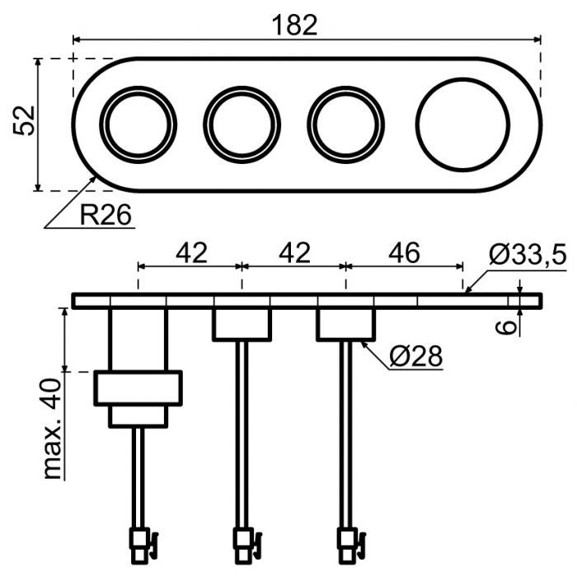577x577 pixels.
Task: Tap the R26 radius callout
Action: tap(106, 216)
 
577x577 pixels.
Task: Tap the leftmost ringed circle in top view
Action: tap(138, 124)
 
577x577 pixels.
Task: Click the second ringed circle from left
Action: tap(242, 124)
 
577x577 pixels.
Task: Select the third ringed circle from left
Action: tap(345, 124)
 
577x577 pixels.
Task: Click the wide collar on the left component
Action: tap(138, 388)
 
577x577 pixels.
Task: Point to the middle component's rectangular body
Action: tap(242, 324)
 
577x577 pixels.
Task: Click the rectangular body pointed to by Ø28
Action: tap(345, 324)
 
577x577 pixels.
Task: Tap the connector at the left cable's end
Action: tap(139, 543)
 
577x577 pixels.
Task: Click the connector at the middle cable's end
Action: tap(243, 543)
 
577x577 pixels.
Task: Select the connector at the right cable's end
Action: tap(347, 543)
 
